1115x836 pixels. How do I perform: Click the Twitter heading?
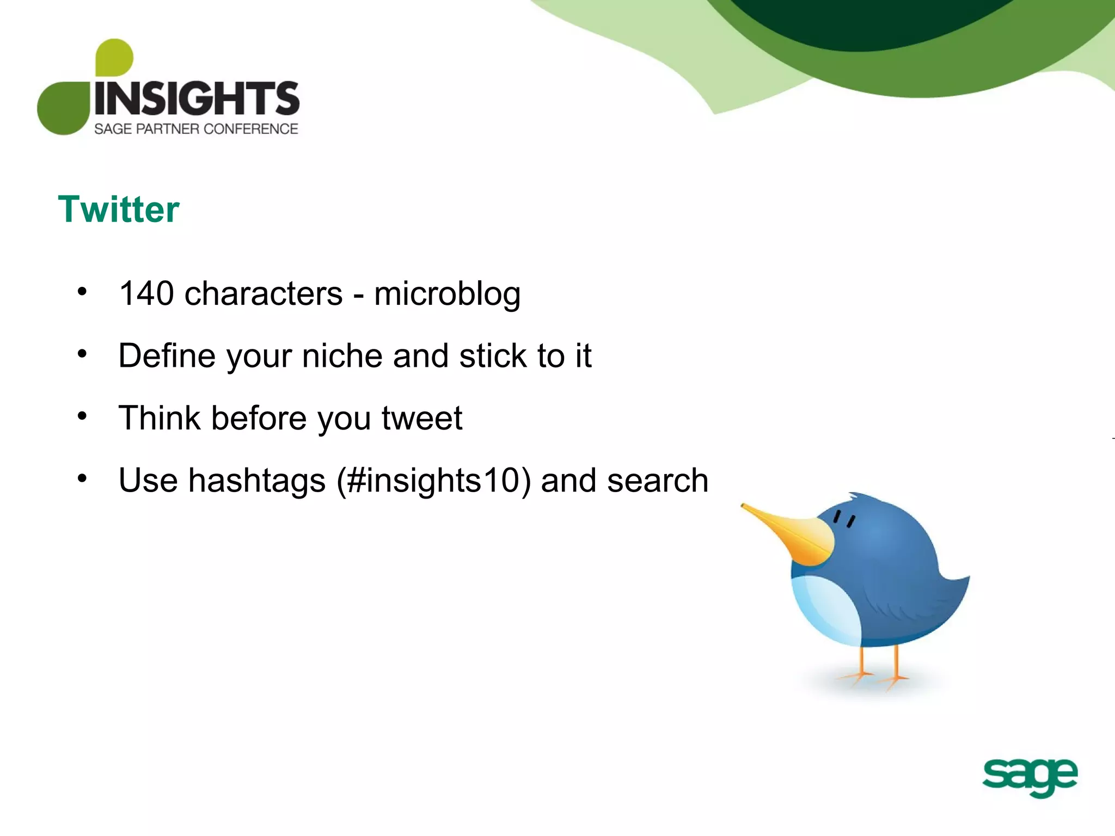pos(119,210)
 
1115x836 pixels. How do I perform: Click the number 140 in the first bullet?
pos(146,294)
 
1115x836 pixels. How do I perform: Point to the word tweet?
pos(421,419)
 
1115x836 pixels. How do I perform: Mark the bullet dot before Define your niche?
pos(82,354)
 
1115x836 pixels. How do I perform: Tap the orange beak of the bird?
pos(795,536)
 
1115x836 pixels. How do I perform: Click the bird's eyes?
pos(844,519)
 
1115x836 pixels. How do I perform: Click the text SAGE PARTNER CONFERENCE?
pos(196,129)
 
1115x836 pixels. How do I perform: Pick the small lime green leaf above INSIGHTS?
pos(114,57)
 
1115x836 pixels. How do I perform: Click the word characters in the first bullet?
pos(264,294)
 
